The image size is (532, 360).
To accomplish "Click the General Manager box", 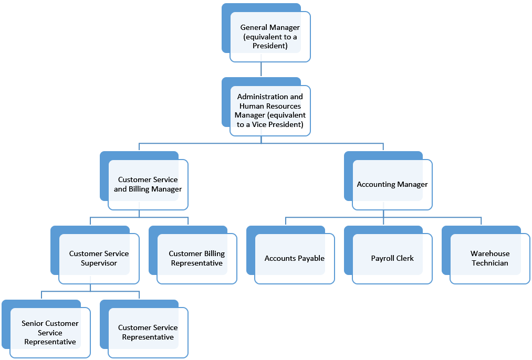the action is pyautogui.click(x=266, y=33).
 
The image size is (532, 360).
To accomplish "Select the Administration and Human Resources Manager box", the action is pyautogui.click(x=266, y=107).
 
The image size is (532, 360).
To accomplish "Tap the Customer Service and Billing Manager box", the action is pyautogui.click(x=144, y=181).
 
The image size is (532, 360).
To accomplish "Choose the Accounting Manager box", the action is pyautogui.click(x=388, y=181).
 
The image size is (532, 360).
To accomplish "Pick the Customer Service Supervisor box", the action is pyautogui.click(x=95, y=255).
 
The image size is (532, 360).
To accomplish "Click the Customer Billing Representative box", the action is pyautogui.click(x=193, y=255).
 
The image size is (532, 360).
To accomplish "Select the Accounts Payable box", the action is pyautogui.click(x=290, y=255).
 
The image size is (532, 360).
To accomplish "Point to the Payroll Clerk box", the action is pyautogui.click(x=388, y=255).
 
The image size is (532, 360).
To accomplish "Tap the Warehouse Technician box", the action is pyautogui.click(x=486, y=255).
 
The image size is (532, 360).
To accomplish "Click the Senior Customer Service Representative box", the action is pyautogui.click(x=46, y=329).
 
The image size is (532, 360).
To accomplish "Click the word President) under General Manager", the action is pyautogui.click(x=270, y=46).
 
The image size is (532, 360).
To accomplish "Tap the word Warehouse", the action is pyautogui.click(x=490, y=253).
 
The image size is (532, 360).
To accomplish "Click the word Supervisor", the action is pyautogui.click(x=99, y=263).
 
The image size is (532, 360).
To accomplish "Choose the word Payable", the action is pyautogui.click(x=311, y=258).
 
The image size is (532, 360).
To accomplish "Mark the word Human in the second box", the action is pyautogui.click(x=251, y=106).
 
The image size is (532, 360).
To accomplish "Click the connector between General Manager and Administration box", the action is pyautogui.click(x=261, y=69).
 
